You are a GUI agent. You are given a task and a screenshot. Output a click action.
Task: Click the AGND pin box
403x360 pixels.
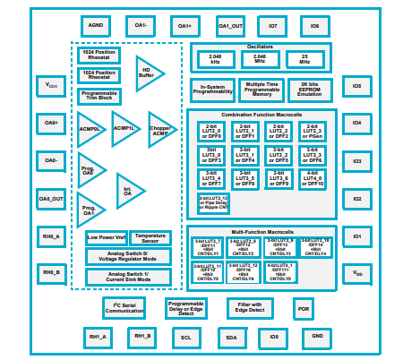pos(97,26)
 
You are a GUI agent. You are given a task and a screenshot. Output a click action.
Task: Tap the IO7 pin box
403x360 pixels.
pos(272,26)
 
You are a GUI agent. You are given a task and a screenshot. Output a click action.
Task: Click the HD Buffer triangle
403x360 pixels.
pos(148,72)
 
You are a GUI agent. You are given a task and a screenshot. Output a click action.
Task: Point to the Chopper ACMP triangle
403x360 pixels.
pos(161,130)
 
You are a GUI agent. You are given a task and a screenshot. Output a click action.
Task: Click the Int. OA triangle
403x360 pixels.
pos(129,190)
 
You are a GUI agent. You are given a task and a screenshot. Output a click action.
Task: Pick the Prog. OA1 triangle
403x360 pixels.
pos(89,210)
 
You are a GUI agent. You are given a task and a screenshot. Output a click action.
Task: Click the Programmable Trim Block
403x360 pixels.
pos(99,96)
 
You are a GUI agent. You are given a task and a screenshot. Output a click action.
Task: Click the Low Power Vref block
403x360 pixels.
pos(107,238)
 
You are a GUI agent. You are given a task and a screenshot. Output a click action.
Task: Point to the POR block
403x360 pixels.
pos(304,309)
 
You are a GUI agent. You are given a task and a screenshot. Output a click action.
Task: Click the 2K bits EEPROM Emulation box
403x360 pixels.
pos(310,90)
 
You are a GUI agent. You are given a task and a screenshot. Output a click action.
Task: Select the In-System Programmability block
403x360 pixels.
pos(212,90)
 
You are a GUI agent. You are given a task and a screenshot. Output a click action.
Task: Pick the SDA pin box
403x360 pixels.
pos(231,338)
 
